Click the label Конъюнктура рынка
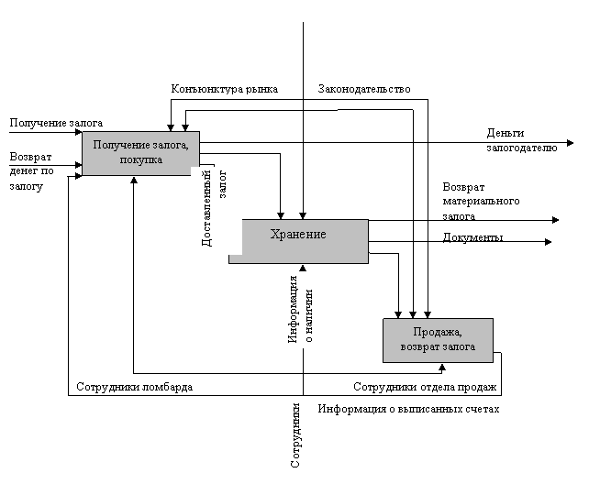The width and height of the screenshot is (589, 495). [x=232, y=89]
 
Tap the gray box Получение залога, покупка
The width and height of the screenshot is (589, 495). [x=140, y=152]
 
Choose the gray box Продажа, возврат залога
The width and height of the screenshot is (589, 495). [x=438, y=340]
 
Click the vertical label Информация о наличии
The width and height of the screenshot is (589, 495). [x=302, y=309]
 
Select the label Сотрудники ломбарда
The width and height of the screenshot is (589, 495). [x=135, y=387]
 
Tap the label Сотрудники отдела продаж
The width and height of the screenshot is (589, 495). [x=426, y=387]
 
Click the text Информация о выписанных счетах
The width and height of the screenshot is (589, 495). [x=408, y=409]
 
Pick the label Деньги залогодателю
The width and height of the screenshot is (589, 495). [x=520, y=139]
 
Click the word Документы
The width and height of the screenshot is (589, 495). [x=472, y=238]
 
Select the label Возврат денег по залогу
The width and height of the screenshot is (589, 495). [x=32, y=170]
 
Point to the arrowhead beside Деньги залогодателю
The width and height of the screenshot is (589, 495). [x=570, y=143]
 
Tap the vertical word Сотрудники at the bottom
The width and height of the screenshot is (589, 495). [x=295, y=435]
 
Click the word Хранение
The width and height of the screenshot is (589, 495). [x=298, y=235]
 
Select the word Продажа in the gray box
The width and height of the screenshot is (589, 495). [x=438, y=332]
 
